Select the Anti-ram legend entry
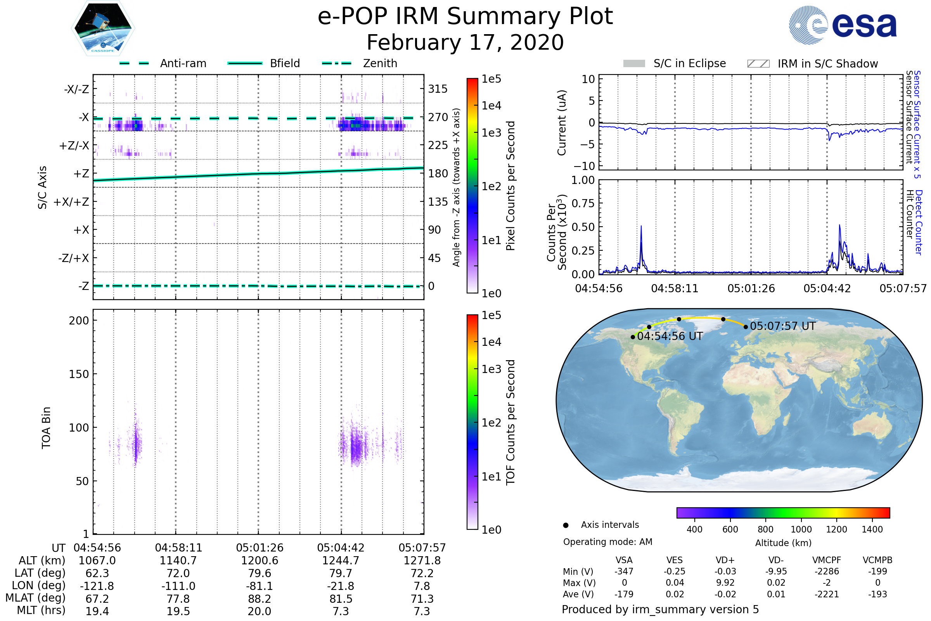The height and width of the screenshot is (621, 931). click(x=183, y=63)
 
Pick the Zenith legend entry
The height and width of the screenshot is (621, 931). click(x=380, y=63)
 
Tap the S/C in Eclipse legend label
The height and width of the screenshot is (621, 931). click(x=689, y=63)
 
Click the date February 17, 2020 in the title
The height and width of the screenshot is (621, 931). click(x=465, y=43)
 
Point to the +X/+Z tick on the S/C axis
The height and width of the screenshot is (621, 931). click(x=71, y=202)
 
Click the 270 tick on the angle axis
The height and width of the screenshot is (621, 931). click(x=438, y=117)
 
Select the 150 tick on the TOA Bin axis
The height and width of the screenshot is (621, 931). click(x=79, y=374)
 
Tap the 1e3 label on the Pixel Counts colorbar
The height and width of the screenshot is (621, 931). click(x=491, y=133)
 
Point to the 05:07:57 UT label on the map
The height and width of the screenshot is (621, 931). click(x=782, y=326)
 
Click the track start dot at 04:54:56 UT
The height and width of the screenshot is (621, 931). click(x=633, y=337)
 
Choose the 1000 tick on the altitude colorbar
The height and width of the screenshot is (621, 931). click(x=801, y=529)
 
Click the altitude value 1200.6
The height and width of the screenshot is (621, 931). click(x=259, y=561)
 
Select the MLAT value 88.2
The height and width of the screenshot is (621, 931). click(x=259, y=599)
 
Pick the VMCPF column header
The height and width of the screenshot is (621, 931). click(x=827, y=560)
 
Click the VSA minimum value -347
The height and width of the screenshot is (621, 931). click(x=624, y=571)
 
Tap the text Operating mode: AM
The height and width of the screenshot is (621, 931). click(x=607, y=542)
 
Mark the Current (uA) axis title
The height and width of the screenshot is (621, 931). click(x=562, y=123)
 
